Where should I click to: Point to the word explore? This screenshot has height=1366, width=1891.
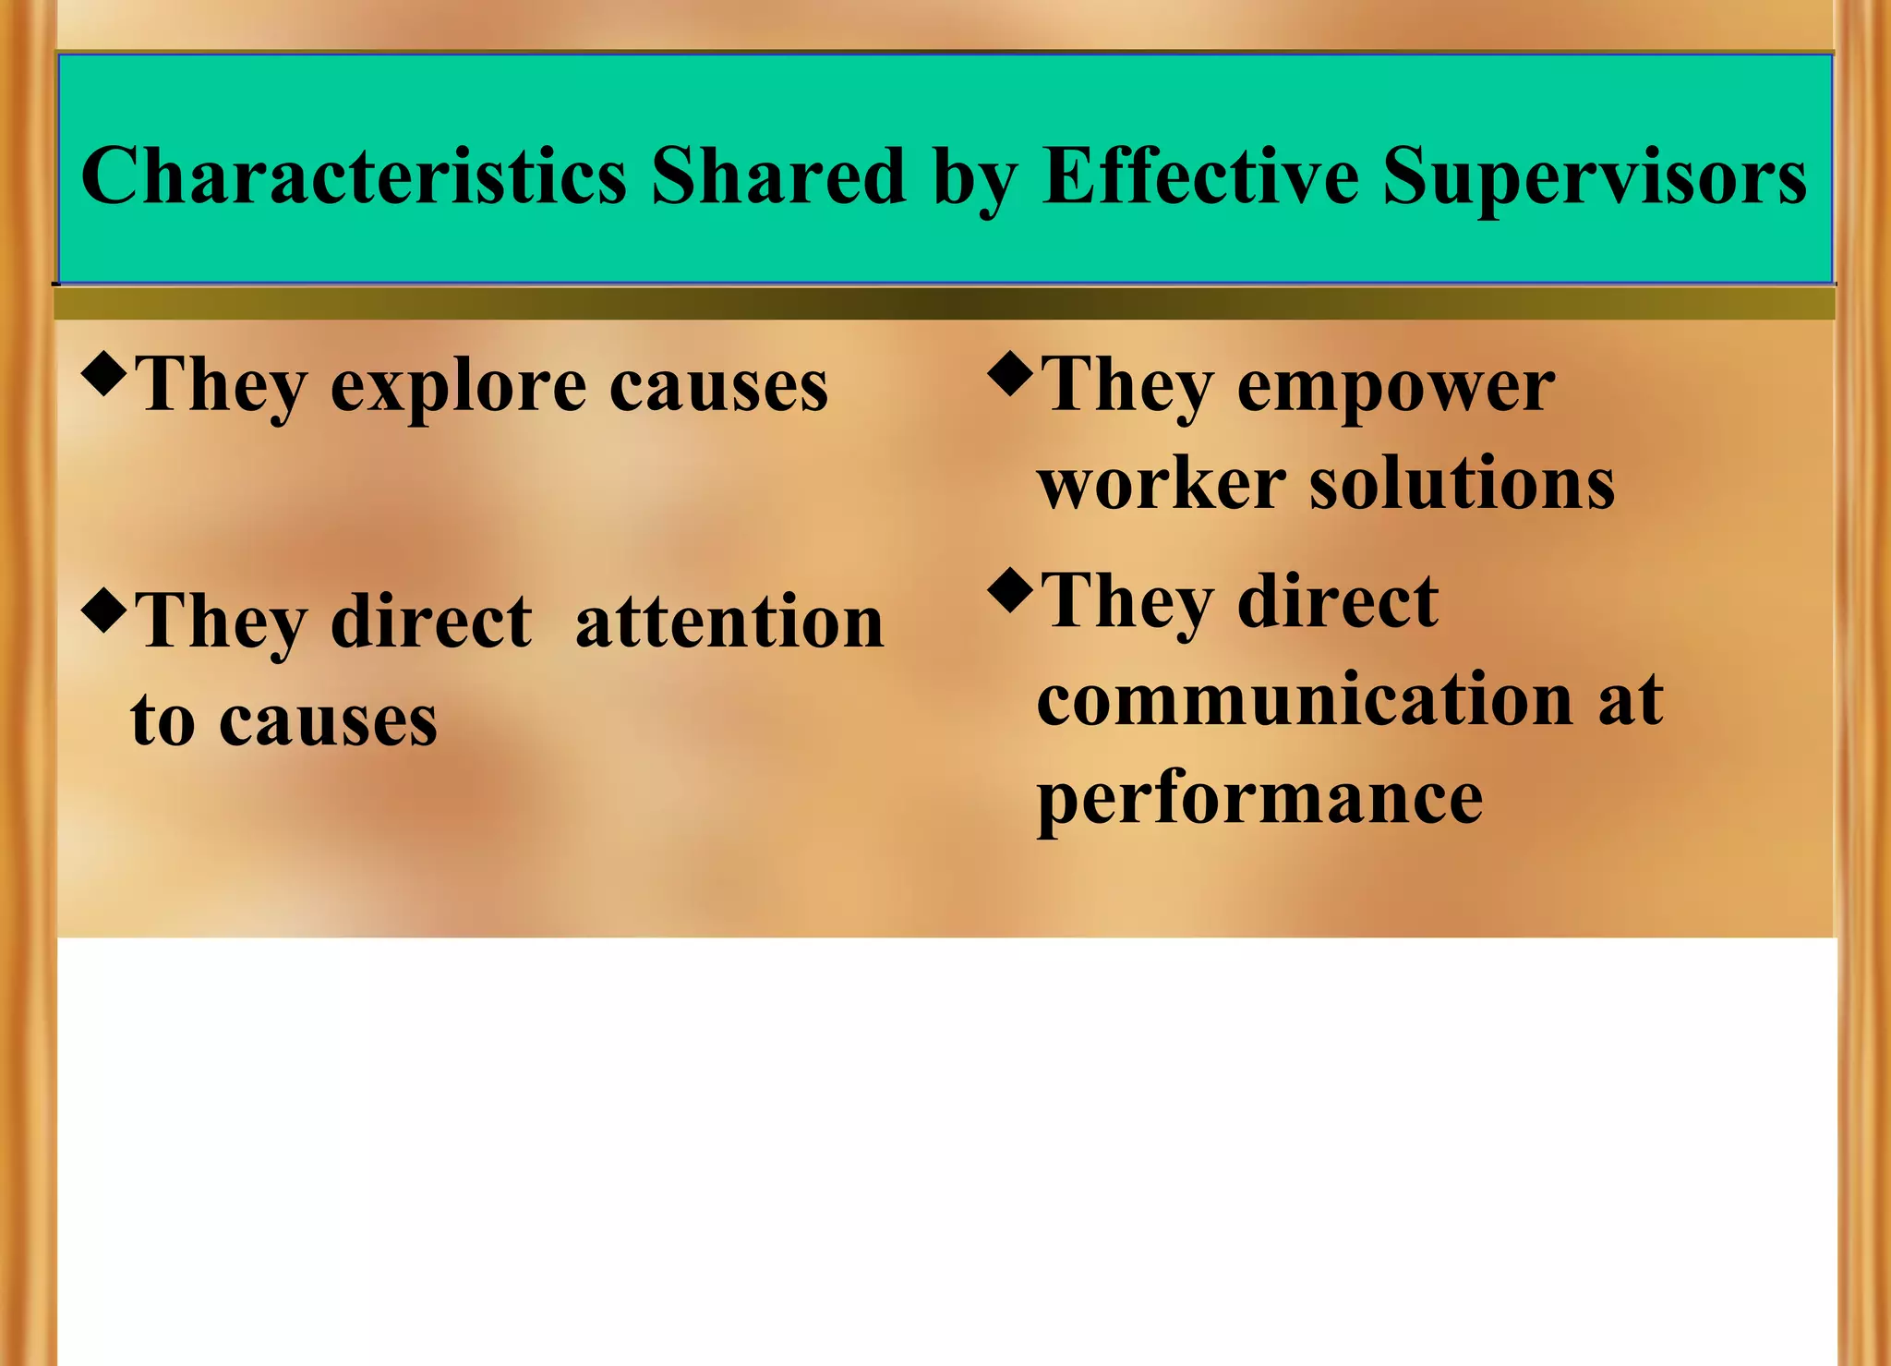click(458, 386)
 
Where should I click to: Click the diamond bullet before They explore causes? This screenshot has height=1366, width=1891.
click(102, 374)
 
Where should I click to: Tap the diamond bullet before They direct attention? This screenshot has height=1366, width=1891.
click(102, 610)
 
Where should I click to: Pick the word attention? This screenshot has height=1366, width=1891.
click(729, 622)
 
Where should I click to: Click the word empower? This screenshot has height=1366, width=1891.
click(1395, 386)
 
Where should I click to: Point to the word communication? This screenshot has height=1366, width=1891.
click(1305, 699)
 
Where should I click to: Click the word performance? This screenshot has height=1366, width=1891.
click(1259, 798)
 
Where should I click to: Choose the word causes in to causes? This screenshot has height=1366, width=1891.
click(328, 721)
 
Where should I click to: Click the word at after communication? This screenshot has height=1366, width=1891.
click(1631, 699)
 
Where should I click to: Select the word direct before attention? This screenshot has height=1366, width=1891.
click(431, 622)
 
